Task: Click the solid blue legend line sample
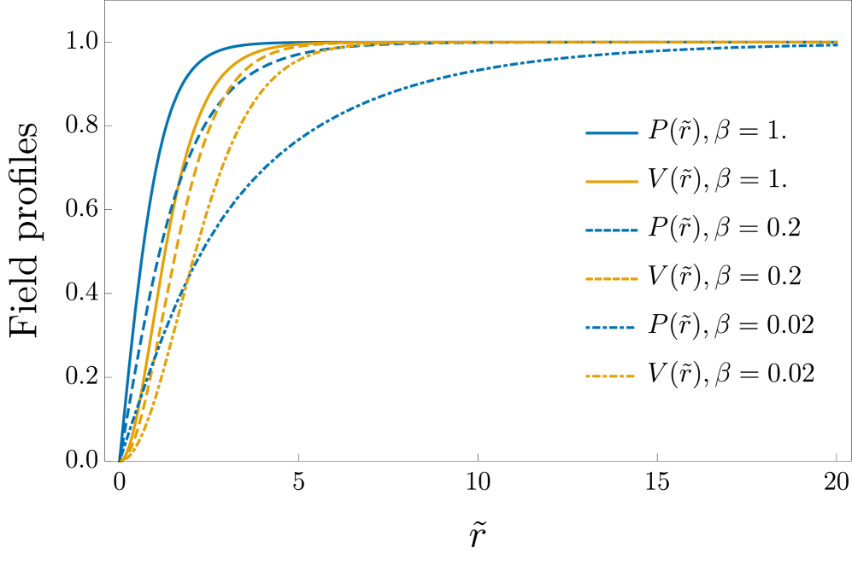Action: (612, 133)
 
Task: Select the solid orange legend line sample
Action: (612, 182)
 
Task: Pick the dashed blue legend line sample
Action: (612, 230)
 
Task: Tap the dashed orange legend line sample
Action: (612, 279)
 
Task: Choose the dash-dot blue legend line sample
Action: (610, 328)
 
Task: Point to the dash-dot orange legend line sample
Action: (610, 376)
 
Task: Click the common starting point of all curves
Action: (120, 461)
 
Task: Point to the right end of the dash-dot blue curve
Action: (837, 45)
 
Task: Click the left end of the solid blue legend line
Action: (586, 133)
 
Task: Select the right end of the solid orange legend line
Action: (638, 182)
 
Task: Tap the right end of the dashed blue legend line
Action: (638, 230)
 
